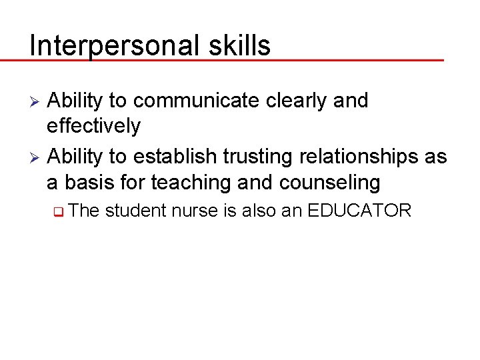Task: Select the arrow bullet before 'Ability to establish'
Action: pos(37,157)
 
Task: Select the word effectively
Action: pos(93,125)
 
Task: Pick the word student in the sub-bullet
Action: pos(135,211)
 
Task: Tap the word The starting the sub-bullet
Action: pos(84,211)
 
